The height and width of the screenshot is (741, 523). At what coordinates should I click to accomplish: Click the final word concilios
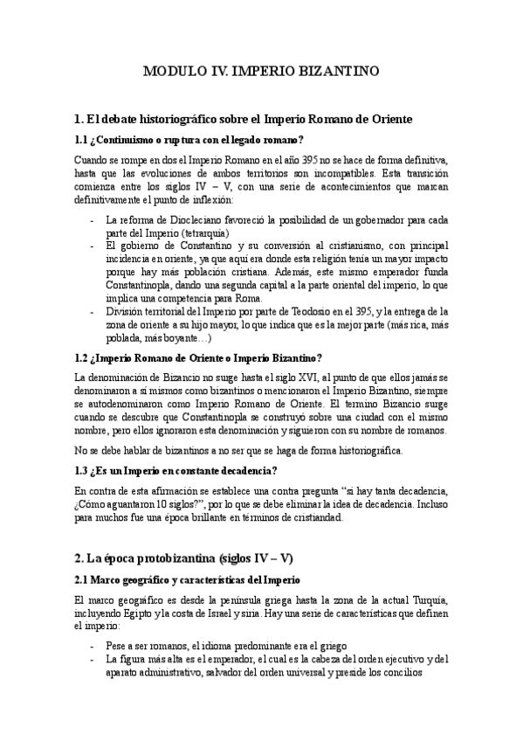(x=399, y=673)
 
